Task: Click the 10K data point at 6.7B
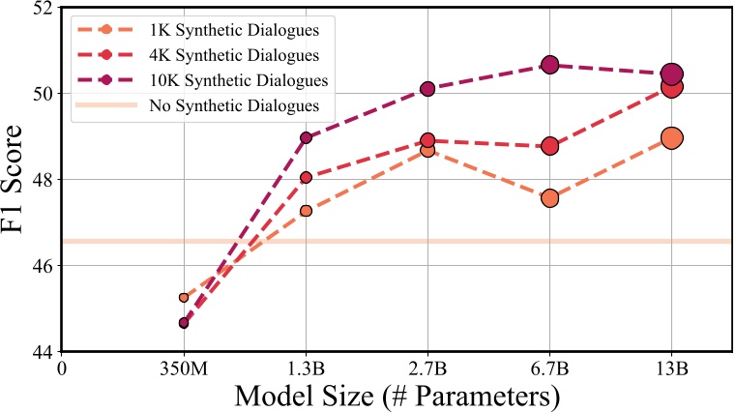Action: [550, 65]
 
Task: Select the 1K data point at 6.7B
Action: [550, 197]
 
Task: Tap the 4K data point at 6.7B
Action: [550, 146]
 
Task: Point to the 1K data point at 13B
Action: [672, 138]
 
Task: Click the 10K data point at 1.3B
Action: [307, 137]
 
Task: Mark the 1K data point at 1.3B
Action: [307, 211]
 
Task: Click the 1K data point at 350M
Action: [184, 297]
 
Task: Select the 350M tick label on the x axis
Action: [184, 368]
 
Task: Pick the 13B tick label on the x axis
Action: [672, 368]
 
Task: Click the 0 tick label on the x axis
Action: [62, 368]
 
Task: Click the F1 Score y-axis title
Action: [16, 180]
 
